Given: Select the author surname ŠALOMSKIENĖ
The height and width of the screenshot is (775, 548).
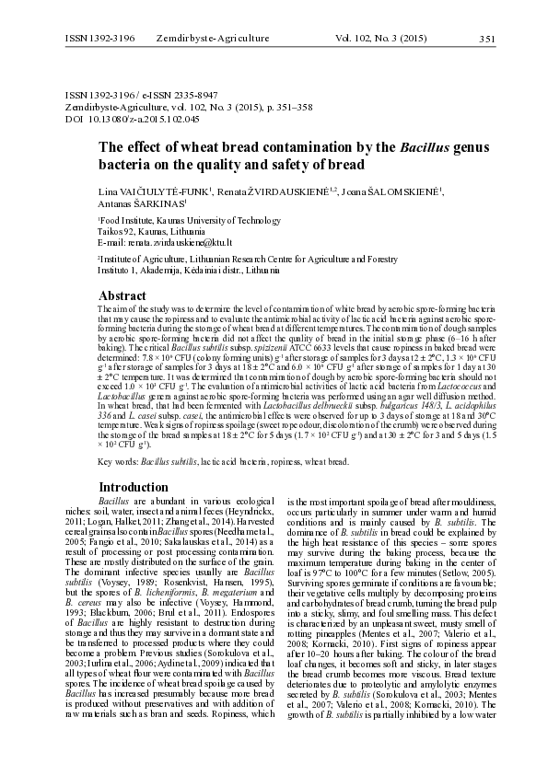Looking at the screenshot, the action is click(396, 191).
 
